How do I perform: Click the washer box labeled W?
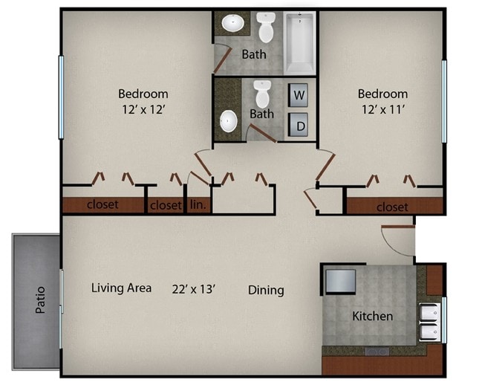[x=299, y=95]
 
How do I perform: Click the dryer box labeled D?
[x=299, y=126]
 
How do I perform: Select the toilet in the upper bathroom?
[x=266, y=28]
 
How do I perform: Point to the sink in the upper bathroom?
[x=233, y=23]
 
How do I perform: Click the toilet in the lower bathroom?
[x=261, y=94]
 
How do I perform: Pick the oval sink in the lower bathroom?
[x=229, y=121]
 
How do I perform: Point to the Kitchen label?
[x=372, y=316]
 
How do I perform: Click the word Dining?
[x=266, y=290]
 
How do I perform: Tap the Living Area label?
[x=122, y=288]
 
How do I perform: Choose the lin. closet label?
[x=198, y=205]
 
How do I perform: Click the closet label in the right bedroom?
[x=392, y=207]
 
